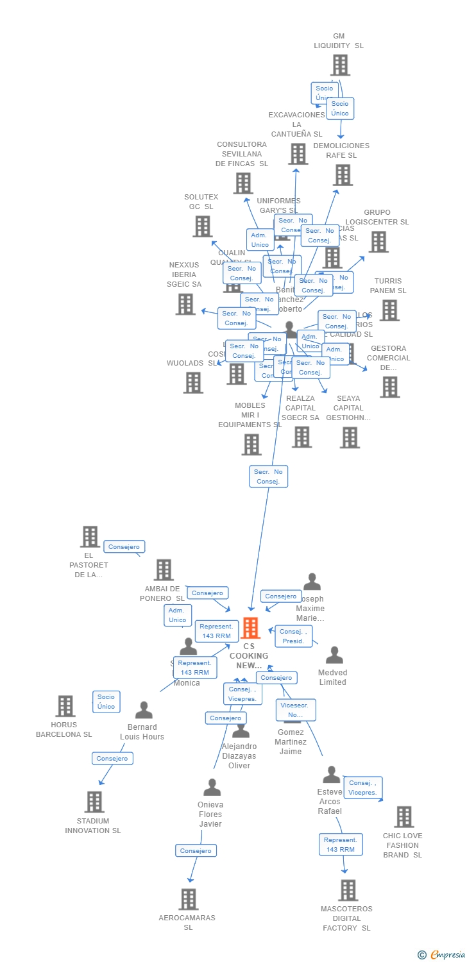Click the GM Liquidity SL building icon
click(x=340, y=65)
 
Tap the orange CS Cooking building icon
click(x=250, y=629)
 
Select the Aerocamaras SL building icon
click(x=188, y=899)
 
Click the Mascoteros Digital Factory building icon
click(x=348, y=890)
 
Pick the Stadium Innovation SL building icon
click(x=94, y=802)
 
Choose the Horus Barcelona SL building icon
click(x=65, y=706)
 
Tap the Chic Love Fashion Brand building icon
click(x=403, y=817)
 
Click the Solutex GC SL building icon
click(x=203, y=226)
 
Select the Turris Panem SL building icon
click(x=389, y=310)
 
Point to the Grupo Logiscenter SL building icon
click(x=378, y=242)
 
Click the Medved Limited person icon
click(x=334, y=655)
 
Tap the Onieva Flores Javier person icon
click(x=212, y=787)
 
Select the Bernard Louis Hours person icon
click(x=144, y=710)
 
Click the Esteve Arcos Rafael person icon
click(x=331, y=775)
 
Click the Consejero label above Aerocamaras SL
click(x=196, y=850)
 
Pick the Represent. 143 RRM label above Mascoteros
click(x=340, y=844)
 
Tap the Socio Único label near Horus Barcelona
click(x=106, y=702)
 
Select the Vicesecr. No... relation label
click(x=295, y=710)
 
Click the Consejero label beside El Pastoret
click(x=124, y=547)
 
